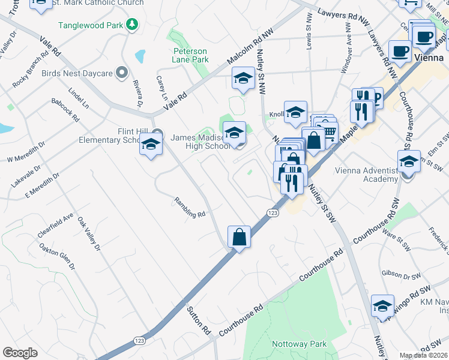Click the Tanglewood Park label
pyautogui.click(x=90, y=25)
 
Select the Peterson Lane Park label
pyautogui.click(x=190, y=55)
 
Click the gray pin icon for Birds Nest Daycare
pyautogui.click(x=122, y=73)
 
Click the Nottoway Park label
pyautogui.click(x=300, y=344)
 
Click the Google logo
pyautogui.click(x=20, y=352)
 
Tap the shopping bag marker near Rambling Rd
pyautogui.click(x=239, y=237)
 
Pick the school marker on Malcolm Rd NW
pyautogui.click(x=243, y=78)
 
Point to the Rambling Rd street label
pyautogui.click(x=190, y=208)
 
